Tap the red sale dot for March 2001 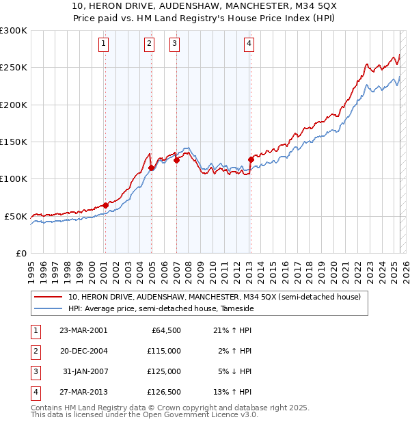tap(105, 204)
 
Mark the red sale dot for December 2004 tap(151, 168)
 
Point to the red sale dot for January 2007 tap(176, 161)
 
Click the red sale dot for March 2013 tap(251, 159)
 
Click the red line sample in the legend tap(48, 297)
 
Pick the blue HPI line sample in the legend tap(48, 309)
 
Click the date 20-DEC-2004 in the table tap(83, 350)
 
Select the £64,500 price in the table tap(165, 330)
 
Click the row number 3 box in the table tap(35, 371)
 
